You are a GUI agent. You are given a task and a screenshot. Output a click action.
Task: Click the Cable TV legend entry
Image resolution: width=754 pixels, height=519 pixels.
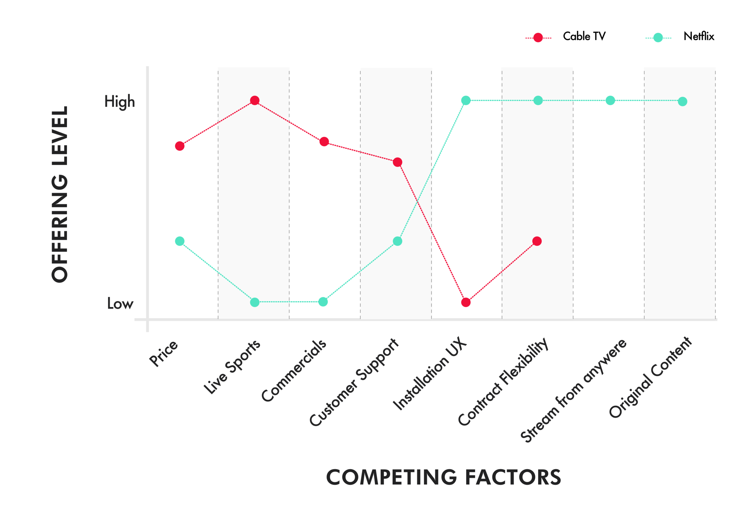point(584,37)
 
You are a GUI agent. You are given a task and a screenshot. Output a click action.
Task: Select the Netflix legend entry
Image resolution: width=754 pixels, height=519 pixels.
point(699,37)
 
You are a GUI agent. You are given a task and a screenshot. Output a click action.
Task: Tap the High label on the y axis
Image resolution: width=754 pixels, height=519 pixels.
point(119,101)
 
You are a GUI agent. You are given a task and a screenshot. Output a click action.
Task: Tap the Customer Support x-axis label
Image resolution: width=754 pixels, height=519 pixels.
point(354,383)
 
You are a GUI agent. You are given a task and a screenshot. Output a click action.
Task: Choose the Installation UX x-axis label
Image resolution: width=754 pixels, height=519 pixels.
point(429,374)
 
